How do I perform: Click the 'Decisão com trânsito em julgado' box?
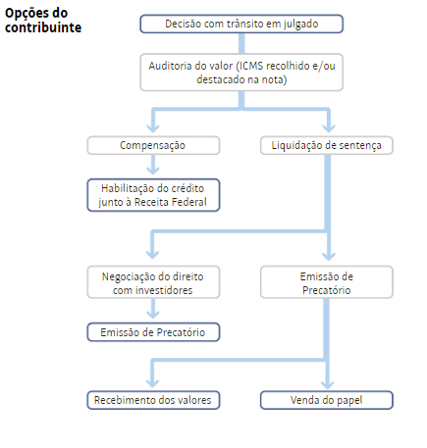coord(241,24)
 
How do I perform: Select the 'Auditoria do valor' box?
coord(241,73)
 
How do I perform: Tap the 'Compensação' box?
coord(153,145)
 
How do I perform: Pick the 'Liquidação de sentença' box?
coord(327,145)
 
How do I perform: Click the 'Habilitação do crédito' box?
coord(153,195)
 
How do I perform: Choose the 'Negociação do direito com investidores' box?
coord(153,282)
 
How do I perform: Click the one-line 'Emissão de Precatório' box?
coord(153,332)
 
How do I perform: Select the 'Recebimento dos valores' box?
coord(153,400)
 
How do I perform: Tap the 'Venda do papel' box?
coord(327,400)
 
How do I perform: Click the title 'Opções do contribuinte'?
coord(43,21)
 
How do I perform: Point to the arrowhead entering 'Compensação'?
coord(153,127)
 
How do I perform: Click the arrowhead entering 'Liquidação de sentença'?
coord(329,127)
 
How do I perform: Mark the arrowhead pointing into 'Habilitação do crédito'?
coord(153,170)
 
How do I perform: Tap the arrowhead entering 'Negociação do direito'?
coord(153,254)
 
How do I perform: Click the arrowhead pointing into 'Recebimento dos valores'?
coord(153,382)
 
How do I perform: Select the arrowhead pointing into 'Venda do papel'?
coord(328,383)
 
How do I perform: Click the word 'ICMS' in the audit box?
coord(251,66)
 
